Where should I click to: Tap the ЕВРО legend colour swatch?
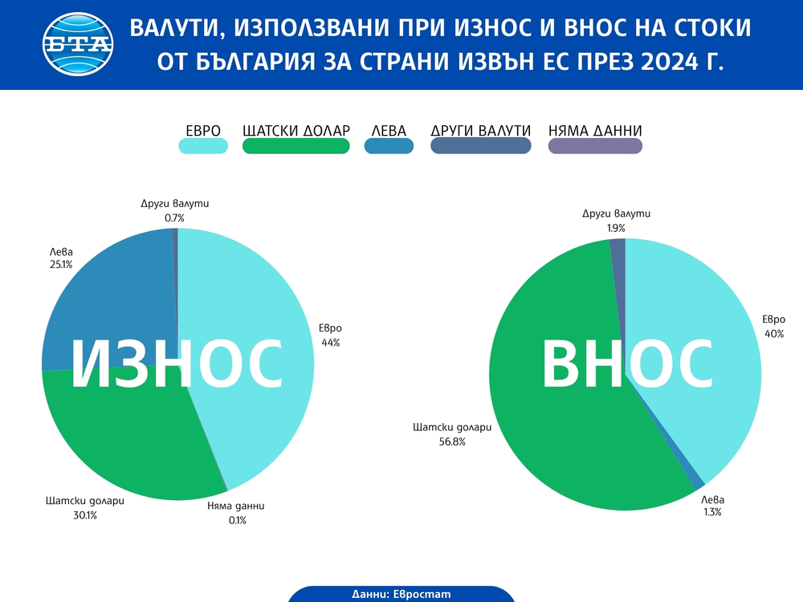click(x=203, y=145)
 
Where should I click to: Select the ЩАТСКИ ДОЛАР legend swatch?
click(x=296, y=145)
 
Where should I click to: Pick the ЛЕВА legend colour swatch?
click(x=389, y=145)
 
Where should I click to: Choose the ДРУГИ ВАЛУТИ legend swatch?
click(x=480, y=145)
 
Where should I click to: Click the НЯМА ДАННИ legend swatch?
click(x=595, y=145)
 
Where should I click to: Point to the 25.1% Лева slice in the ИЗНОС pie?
click(x=104, y=297)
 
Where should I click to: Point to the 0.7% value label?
click(x=174, y=218)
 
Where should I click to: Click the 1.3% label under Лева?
click(x=711, y=511)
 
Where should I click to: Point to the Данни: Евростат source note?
click(x=401, y=594)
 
